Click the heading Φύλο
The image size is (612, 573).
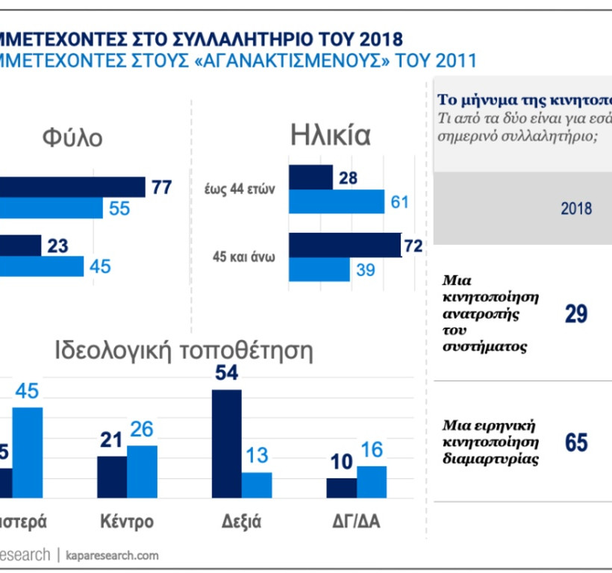pyautogui.click(x=72, y=138)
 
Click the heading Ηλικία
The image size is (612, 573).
pyautogui.click(x=330, y=136)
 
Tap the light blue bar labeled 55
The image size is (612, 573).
pyautogui.click(x=51, y=209)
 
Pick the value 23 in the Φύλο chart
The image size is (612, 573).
pyautogui.click(x=58, y=245)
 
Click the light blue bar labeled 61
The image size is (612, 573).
pyautogui.click(x=336, y=201)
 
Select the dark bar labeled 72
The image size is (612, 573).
pyautogui.click(x=344, y=245)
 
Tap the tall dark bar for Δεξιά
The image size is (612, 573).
pyautogui.click(x=227, y=443)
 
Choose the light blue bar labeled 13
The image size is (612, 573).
pyautogui.click(x=256, y=484)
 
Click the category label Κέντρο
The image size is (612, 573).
pyautogui.click(x=127, y=521)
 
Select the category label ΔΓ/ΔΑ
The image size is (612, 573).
pyautogui.click(x=355, y=521)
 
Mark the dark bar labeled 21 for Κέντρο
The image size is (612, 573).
pyautogui.click(x=112, y=477)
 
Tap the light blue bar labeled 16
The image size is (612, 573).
pyautogui.click(x=371, y=481)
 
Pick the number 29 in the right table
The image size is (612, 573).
pyautogui.click(x=575, y=314)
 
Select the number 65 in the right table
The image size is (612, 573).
pyautogui.click(x=575, y=442)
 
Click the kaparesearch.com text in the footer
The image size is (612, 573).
pyautogui.click(x=112, y=556)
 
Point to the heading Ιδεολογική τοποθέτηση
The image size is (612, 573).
pyautogui.click(x=184, y=350)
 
